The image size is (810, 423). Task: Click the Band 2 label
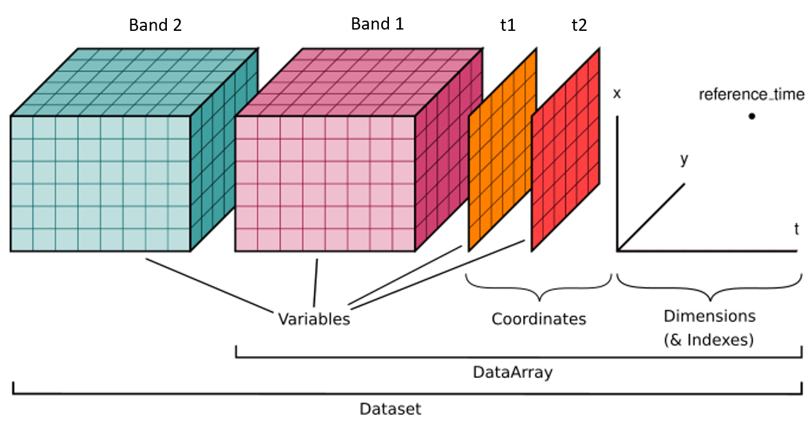click(155, 25)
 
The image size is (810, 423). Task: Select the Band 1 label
click(377, 24)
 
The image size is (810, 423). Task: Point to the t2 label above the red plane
click(579, 25)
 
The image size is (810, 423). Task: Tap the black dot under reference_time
click(752, 116)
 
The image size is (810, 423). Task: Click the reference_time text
click(752, 95)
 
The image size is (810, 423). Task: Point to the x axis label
click(617, 93)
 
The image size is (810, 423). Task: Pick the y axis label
click(684, 159)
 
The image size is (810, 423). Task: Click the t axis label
click(797, 228)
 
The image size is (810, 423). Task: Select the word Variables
click(314, 319)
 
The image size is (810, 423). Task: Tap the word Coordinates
click(539, 319)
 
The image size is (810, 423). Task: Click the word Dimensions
click(709, 316)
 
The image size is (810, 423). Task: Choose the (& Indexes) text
click(709, 339)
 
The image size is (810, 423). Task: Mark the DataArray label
click(512, 372)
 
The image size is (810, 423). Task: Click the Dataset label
click(390, 408)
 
